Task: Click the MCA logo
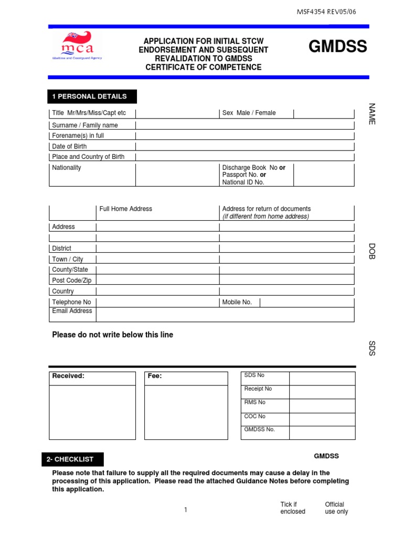tap(77, 45)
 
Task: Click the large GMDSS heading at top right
tap(337, 47)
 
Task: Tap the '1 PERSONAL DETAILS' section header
tap(92, 96)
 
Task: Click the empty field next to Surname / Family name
tap(245, 125)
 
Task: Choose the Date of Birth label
tap(69, 146)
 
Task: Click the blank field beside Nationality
tap(177, 175)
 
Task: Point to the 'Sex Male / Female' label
tap(249, 113)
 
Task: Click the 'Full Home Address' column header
tap(126, 209)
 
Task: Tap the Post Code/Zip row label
tap(71, 281)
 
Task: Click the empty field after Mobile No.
tap(306, 302)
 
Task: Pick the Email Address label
tap(72, 311)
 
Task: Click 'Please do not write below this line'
tap(112, 335)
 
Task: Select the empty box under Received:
tap(92, 412)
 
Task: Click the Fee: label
tap(155, 376)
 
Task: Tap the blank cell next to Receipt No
tap(322, 392)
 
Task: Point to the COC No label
tap(255, 416)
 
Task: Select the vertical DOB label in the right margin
tap(372, 251)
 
